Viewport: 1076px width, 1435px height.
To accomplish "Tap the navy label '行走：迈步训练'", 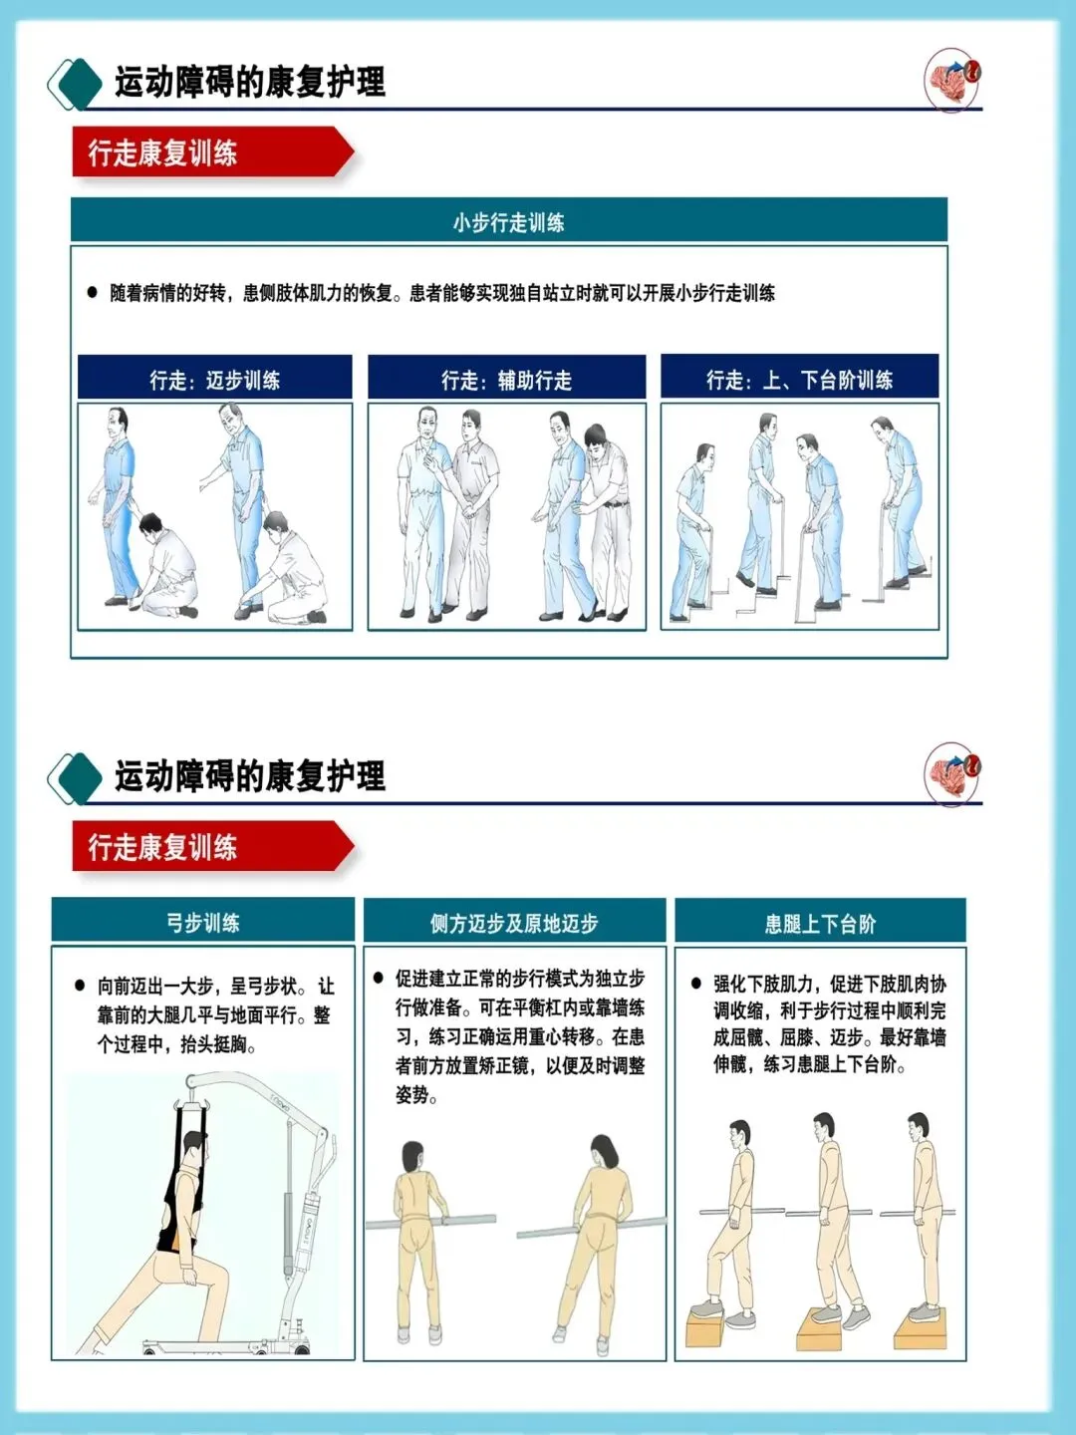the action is (x=215, y=378).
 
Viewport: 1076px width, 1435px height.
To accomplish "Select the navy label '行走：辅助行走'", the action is (x=506, y=378).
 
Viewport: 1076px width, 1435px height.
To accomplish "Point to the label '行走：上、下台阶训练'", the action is (x=800, y=378).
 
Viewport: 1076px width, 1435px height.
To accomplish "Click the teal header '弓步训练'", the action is (x=203, y=921).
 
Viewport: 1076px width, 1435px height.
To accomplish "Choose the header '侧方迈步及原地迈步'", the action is (x=514, y=921).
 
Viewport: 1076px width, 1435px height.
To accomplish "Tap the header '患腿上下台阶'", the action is (x=820, y=922).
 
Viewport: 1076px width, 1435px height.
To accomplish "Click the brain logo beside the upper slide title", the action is (x=952, y=79).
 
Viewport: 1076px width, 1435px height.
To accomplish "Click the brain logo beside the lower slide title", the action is (x=952, y=773).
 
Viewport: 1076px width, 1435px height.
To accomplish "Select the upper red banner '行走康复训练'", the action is (x=213, y=151).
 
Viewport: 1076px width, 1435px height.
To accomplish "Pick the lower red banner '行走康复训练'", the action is (x=213, y=846).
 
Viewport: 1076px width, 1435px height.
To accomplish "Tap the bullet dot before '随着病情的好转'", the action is (x=92, y=292).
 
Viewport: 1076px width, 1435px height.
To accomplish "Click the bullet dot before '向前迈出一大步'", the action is (x=80, y=985).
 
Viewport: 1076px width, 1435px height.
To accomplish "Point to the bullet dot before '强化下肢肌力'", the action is (x=696, y=983).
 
